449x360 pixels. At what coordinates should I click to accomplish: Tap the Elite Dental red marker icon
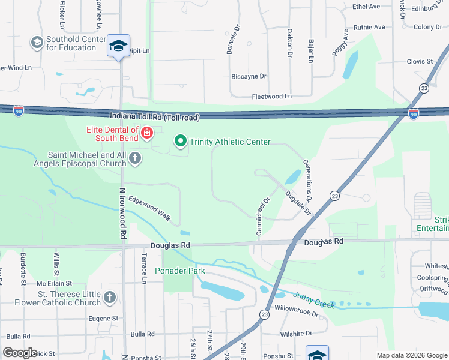click(x=147, y=132)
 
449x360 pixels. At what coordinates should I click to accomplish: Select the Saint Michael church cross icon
click(x=135, y=158)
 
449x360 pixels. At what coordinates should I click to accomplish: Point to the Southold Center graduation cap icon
click(x=37, y=43)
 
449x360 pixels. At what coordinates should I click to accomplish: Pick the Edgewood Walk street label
click(x=149, y=208)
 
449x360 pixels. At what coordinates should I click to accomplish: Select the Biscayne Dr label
click(x=249, y=76)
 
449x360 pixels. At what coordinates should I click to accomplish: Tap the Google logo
click(x=20, y=353)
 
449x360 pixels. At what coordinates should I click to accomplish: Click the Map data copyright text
click(x=411, y=355)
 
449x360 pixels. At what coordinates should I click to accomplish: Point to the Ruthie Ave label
click(x=369, y=27)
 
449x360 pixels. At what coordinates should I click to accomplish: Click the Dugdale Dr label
click(x=298, y=203)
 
